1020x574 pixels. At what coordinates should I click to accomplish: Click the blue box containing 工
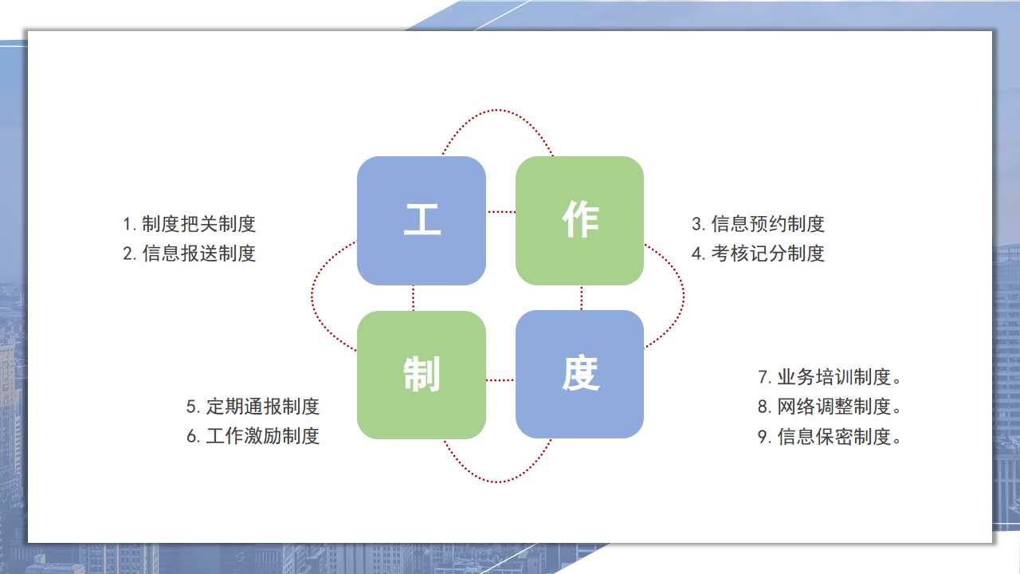coord(422,221)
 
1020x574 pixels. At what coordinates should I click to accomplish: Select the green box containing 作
coord(579,221)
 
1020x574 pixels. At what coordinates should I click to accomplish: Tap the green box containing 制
coord(422,375)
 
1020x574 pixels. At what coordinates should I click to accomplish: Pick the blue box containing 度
coord(579,375)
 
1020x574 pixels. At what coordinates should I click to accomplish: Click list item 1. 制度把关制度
coord(190,224)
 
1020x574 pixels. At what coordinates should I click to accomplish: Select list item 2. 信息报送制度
coord(190,254)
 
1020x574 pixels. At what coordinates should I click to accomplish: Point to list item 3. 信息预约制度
coord(758,224)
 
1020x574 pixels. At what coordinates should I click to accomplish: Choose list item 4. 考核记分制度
coord(758,254)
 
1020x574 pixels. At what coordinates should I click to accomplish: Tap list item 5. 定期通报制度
coord(253,407)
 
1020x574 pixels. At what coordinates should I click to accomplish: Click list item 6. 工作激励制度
coord(253,436)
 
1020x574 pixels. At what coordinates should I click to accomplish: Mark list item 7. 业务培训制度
coord(830,377)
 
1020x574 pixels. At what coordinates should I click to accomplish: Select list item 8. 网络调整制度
coord(830,407)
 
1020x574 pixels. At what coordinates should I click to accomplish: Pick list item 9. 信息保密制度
coord(830,436)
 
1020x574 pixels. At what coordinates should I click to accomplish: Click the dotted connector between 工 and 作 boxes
coord(501,212)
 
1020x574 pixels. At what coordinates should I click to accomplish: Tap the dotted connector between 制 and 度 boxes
coord(501,380)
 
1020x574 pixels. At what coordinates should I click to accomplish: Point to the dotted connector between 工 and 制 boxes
coord(413,298)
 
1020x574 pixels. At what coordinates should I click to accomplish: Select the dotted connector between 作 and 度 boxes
coord(582,298)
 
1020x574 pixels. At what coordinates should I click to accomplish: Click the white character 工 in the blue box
coord(422,219)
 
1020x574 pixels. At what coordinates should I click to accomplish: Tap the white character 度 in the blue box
coord(581,373)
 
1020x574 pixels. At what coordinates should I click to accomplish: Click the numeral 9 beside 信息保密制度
coord(763,437)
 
